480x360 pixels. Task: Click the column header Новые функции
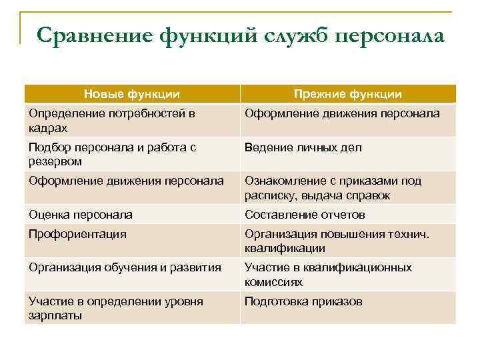coord(132,95)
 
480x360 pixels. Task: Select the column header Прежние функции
coord(348,95)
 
